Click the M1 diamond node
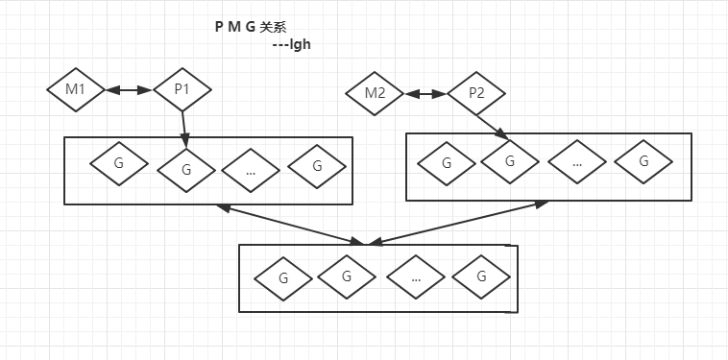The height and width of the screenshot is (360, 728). point(76,90)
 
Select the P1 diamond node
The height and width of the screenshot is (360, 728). point(182,90)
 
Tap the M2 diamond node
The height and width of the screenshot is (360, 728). point(376,94)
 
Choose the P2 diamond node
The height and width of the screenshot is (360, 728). point(476,94)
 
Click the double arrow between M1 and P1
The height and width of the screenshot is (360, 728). point(129,90)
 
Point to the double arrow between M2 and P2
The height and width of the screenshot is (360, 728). point(425,94)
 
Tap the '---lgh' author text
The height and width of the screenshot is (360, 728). point(291,44)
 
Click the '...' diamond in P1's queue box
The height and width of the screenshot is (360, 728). point(250,170)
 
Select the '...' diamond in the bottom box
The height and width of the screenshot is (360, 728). point(416,277)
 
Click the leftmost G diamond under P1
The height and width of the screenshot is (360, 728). point(119,164)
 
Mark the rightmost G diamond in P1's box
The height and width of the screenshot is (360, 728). point(316,166)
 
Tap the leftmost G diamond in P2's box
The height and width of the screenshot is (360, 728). point(447,163)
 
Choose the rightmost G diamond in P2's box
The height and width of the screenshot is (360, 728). point(643,160)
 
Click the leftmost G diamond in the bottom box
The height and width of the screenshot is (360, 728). point(283,277)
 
